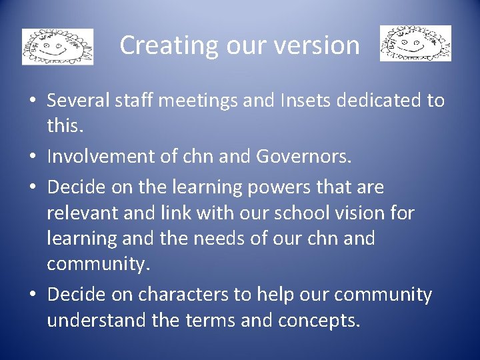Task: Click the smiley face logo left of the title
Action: point(57,47)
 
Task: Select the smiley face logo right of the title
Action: point(415,43)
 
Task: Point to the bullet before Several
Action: point(32,102)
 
